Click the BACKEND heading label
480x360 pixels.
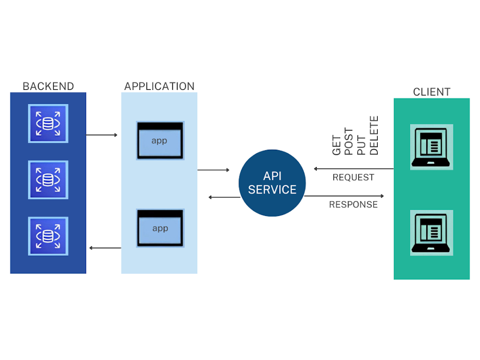tap(48, 86)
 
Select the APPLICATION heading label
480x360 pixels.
tap(159, 86)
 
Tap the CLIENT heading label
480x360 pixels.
tap(431, 92)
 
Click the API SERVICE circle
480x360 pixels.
tap(272, 183)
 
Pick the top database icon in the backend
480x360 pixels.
tap(48, 123)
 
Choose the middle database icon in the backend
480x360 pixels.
tap(48, 179)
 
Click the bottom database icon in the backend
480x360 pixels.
tap(48, 236)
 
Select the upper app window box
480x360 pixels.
tap(160, 140)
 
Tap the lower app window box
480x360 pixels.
tap(160, 228)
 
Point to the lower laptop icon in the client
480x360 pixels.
tap(431, 233)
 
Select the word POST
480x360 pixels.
tap(349, 141)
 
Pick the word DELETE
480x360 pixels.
tap(374, 136)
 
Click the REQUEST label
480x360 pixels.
tap(353, 177)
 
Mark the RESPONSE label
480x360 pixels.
tap(353, 205)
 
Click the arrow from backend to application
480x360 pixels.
tap(102, 135)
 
